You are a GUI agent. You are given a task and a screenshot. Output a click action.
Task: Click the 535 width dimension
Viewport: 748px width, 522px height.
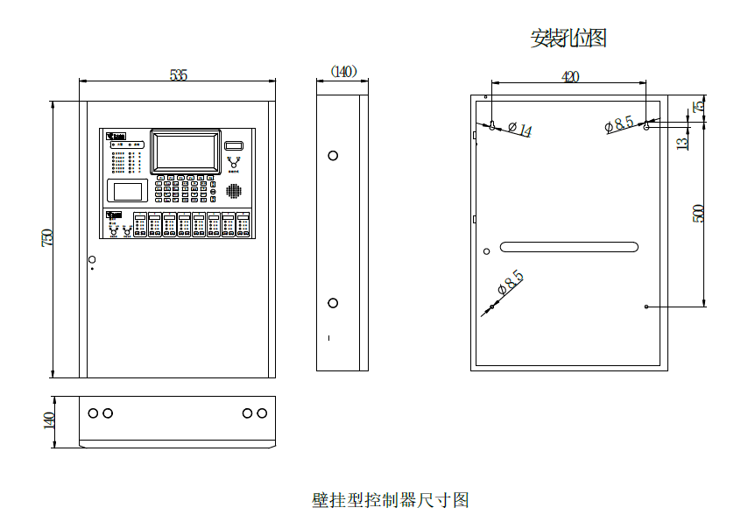coord(178,75)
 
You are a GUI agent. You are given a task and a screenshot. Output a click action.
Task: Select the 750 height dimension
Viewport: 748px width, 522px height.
coord(48,236)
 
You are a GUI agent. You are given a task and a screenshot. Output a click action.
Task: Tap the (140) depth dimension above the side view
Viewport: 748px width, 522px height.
coord(343,72)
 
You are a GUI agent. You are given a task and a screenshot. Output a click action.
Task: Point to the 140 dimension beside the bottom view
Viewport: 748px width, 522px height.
coord(49,420)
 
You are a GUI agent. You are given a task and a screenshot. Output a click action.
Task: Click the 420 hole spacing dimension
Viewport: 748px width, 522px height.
coord(569,77)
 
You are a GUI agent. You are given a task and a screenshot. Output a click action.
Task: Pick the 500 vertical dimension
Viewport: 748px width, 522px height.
coord(698,214)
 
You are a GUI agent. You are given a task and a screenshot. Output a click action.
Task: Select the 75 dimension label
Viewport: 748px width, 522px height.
coord(698,106)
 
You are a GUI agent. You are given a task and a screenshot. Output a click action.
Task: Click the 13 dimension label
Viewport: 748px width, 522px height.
coord(683,140)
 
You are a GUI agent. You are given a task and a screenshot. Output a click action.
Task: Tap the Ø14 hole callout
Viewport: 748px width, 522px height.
coord(520,130)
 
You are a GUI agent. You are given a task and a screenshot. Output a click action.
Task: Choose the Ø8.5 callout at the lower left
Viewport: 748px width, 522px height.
coord(510,282)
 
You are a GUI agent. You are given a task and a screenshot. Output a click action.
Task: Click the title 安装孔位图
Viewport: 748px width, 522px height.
coord(568,38)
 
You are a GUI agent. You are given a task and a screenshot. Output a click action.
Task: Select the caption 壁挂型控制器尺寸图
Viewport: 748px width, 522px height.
coord(391,500)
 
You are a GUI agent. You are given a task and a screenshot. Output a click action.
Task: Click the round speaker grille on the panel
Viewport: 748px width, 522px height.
coord(234,190)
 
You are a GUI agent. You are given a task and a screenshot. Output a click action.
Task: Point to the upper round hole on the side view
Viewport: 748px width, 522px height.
coord(333,156)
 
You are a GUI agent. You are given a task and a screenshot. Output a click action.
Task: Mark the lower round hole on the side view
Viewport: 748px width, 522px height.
coord(333,303)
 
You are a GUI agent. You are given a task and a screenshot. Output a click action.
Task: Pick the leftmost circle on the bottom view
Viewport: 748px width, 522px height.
coord(94,413)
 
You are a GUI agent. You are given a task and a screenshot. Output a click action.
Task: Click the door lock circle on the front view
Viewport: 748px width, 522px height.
coord(91,258)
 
